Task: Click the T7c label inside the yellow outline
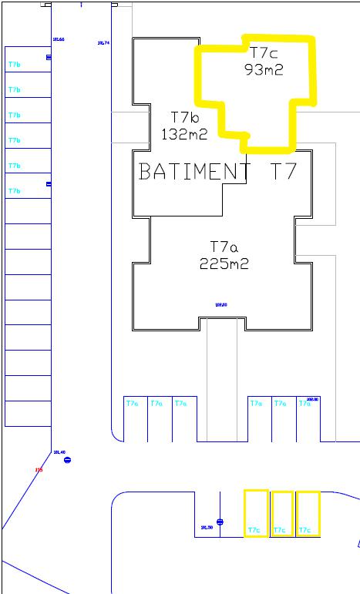(264, 52)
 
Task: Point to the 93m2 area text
(264, 69)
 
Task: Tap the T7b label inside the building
(185, 117)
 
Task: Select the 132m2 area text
(185, 134)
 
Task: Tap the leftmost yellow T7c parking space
(256, 513)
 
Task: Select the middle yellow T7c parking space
(282, 513)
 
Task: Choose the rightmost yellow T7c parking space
(308, 513)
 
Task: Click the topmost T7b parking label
(14, 65)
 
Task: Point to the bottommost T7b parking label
(14, 191)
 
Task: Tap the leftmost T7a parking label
(132, 403)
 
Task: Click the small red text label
(38, 469)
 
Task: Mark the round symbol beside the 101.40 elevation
(67, 460)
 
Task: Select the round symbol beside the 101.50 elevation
(220, 522)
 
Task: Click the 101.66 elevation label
(57, 39)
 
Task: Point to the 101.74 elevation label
(103, 43)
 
